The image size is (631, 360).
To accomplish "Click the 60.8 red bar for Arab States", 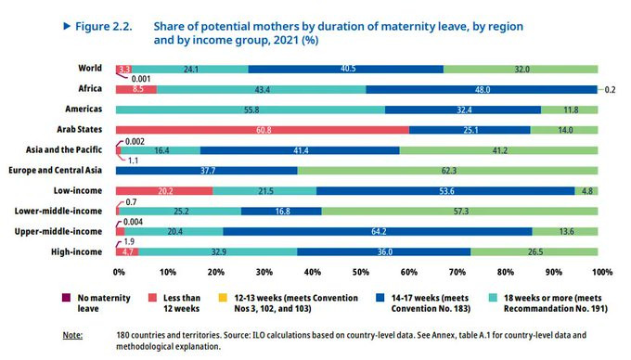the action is click(263, 130).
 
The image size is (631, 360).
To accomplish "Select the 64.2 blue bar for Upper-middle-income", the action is click(378, 231).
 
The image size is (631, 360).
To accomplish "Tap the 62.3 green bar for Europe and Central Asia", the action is click(447, 171).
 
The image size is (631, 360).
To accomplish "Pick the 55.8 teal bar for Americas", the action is click(251, 109).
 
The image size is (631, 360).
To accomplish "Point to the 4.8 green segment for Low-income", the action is click(586, 190).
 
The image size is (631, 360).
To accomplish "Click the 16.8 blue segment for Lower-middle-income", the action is click(281, 212).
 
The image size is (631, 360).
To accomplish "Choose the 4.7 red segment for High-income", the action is click(127, 251).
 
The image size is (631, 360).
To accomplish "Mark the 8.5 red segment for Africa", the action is click(136, 89).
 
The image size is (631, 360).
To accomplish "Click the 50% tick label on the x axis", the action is click(361, 272).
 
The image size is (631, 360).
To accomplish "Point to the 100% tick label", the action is click(602, 272).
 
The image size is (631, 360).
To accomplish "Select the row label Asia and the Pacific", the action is click(64, 149).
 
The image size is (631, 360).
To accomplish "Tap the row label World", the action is click(90, 68).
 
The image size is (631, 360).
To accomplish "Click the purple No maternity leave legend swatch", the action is click(67, 298).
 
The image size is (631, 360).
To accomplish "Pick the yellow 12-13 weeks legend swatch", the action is click(223, 298).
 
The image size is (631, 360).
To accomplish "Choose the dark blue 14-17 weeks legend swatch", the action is click(380, 298).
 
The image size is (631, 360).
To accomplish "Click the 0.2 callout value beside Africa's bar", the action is click(610, 90).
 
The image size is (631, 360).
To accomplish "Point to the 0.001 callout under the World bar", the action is click(141, 79).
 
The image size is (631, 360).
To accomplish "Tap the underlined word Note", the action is click(72, 335).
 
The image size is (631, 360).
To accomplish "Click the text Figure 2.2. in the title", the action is click(104, 27).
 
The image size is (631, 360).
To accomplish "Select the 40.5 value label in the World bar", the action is click(348, 69).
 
